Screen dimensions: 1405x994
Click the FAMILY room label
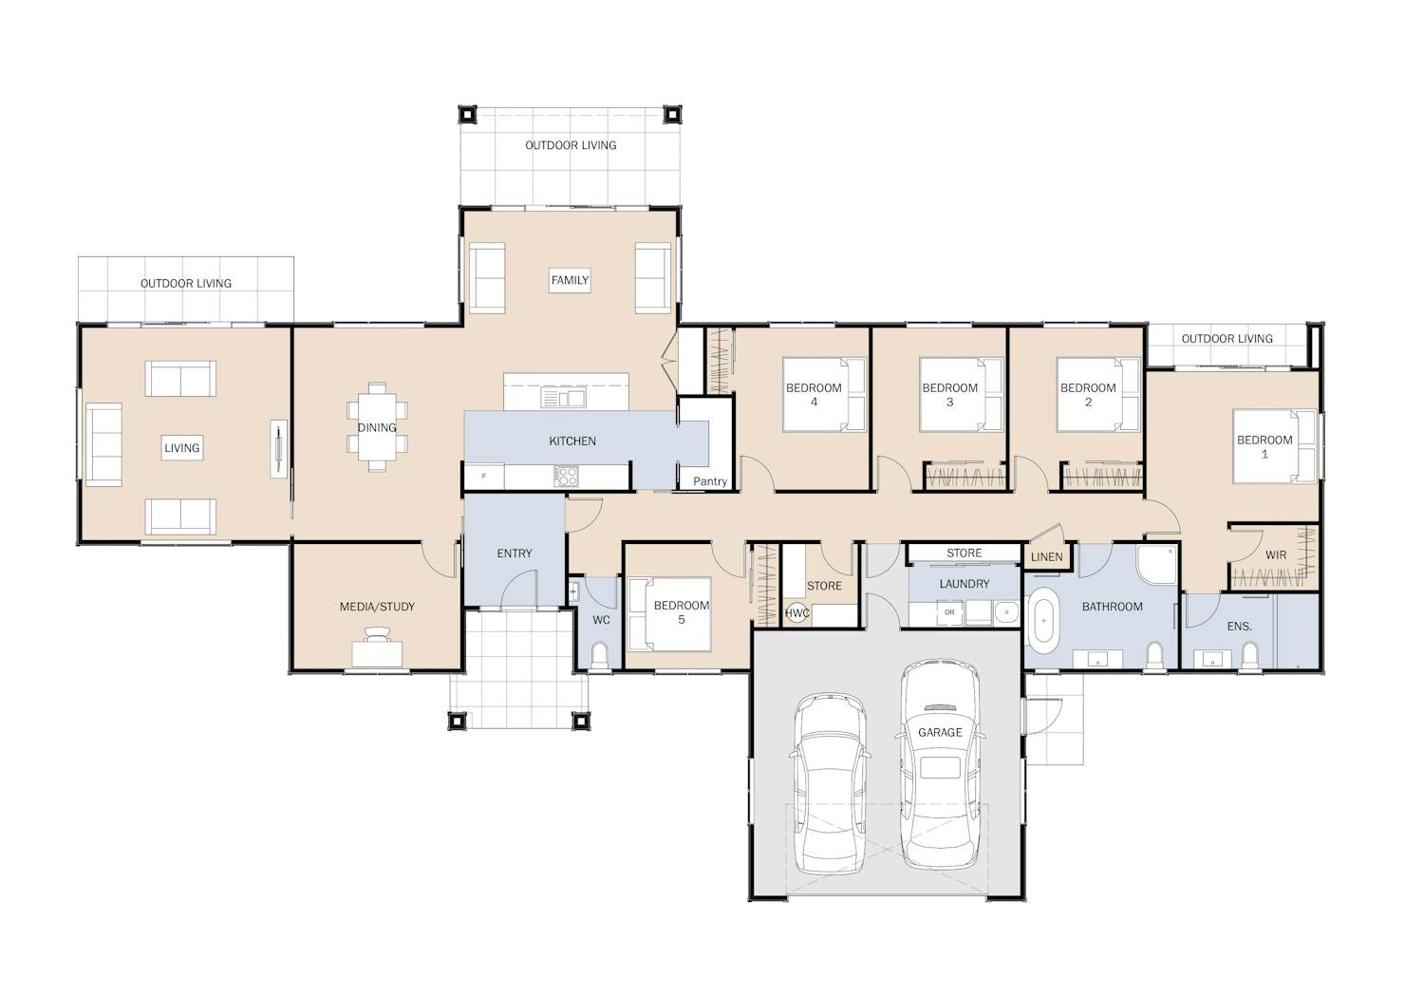coord(570,280)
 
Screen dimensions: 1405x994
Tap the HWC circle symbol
coord(797,613)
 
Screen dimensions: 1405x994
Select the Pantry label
coord(710,481)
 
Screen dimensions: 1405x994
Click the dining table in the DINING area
coord(377,427)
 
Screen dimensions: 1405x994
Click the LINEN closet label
coord(1047,557)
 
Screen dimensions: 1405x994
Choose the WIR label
coord(1276,555)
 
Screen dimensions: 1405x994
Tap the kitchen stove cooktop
coord(566,476)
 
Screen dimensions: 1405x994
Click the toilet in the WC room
coord(600,655)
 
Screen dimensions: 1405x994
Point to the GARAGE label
coord(940,733)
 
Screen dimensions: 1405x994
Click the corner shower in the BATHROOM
coord(1155,565)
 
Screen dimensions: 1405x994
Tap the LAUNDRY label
coord(965,584)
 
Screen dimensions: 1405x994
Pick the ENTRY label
coord(515,553)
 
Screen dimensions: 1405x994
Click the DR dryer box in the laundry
coord(949,612)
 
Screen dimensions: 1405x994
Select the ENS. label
coord(1240,626)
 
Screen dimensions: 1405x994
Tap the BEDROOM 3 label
coord(949,394)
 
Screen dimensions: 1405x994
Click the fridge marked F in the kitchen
coord(484,477)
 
